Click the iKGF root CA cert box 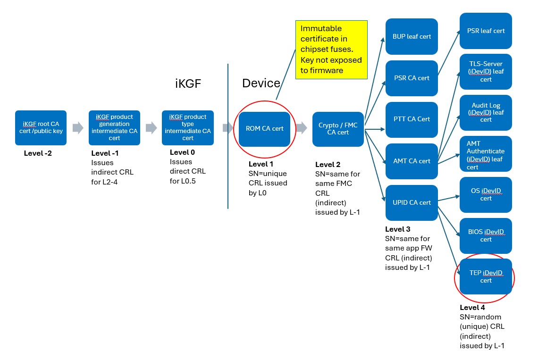[41, 127]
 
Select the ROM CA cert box [264, 128]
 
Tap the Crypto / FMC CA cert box [337, 129]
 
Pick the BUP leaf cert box [412, 36]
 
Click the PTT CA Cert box [412, 119]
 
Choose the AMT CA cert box [412, 161]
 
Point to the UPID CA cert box [412, 202]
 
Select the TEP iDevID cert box [486, 276]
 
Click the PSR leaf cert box [486, 31]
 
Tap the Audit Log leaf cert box [486, 112]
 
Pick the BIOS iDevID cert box [486, 235]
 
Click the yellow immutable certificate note [331, 50]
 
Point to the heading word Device [261, 84]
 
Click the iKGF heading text [187, 84]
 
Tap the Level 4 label [472, 308]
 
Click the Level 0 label [182, 152]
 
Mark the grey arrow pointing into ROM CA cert [227, 128]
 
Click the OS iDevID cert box [486, 194]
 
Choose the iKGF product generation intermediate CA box [114, 127]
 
